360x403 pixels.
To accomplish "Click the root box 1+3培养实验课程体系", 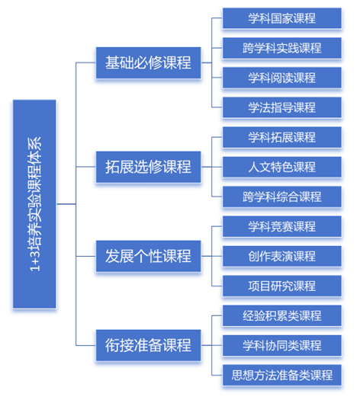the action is click(x=34, y=204).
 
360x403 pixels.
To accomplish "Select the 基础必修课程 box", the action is click(x=149, y=62).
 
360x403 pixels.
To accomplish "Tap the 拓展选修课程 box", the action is click(x=149, y=167).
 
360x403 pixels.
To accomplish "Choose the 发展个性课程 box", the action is click(x=149, y=256).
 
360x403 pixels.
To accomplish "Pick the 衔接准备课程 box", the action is click(x=149, y=345).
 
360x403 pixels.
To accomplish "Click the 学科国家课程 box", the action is click(x=282, y=18).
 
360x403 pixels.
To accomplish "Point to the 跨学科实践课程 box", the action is click(x=282, y=48).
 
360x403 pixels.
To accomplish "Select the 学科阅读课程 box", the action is click(x=282, y=78).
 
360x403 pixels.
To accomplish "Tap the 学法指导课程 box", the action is click(x=282, y=107).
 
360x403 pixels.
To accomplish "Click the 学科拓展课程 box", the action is click(x=282, y=137).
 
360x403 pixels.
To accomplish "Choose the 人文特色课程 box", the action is click(x=282, y=167).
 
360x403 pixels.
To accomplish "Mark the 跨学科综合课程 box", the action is click(x=282, y=197).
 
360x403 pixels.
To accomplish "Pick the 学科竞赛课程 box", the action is click(x=282, y=226).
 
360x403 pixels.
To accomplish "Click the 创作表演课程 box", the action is click(x=282, y=256).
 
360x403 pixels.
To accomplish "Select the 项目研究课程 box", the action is click(x=282, y=286).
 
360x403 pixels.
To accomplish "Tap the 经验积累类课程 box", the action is click(x=282, y=315).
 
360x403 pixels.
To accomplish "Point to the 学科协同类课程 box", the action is click(x=282, y=345).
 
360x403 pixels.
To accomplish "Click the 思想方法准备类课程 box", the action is click(x=282, y=375).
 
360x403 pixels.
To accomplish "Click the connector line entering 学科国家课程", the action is click(x=217, y=18).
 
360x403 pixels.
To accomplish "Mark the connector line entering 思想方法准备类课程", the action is click(x=217, y=376).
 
